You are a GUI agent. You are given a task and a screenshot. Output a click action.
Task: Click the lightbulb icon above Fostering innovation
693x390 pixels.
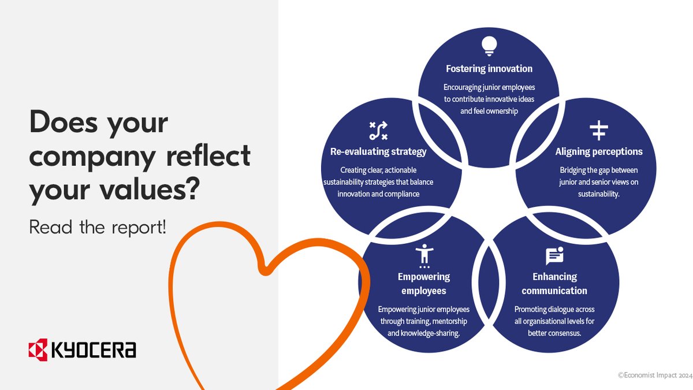(x=489, y=46)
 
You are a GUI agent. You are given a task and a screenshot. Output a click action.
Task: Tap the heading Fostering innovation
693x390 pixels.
(x=489, y=69)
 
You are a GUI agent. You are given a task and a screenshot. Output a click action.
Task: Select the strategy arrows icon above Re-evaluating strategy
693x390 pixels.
(x=378, y=131)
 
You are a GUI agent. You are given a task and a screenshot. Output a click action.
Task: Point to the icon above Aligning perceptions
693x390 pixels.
(x=599, y=131)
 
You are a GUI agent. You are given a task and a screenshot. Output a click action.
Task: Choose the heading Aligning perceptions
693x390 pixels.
(x=599, y=152)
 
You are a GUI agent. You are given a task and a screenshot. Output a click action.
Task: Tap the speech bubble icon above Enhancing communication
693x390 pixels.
(x=554, y=255)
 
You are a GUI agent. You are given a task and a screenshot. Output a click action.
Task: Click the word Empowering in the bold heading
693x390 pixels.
(x=424, y=277)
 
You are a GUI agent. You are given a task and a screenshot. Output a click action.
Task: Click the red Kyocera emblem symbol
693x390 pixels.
(x=38, y=350)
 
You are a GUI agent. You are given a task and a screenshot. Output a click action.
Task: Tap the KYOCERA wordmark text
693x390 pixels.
(x=94, y=350)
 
